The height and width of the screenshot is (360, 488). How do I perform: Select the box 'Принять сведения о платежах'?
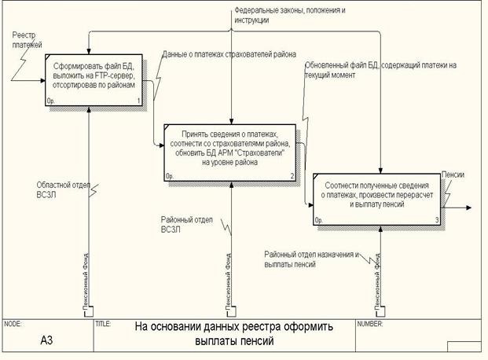pos(231,149)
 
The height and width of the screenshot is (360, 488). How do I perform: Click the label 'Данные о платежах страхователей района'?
pos(229,55)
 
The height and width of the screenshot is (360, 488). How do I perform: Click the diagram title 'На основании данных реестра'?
pos(233,333)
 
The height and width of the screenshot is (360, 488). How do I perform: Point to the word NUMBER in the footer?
pos(371,324)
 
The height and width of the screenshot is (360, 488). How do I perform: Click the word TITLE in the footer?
pos(103,324)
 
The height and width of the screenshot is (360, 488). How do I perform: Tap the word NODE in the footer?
pos(13,324)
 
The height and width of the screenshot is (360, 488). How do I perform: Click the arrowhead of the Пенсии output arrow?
pos(469,208)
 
